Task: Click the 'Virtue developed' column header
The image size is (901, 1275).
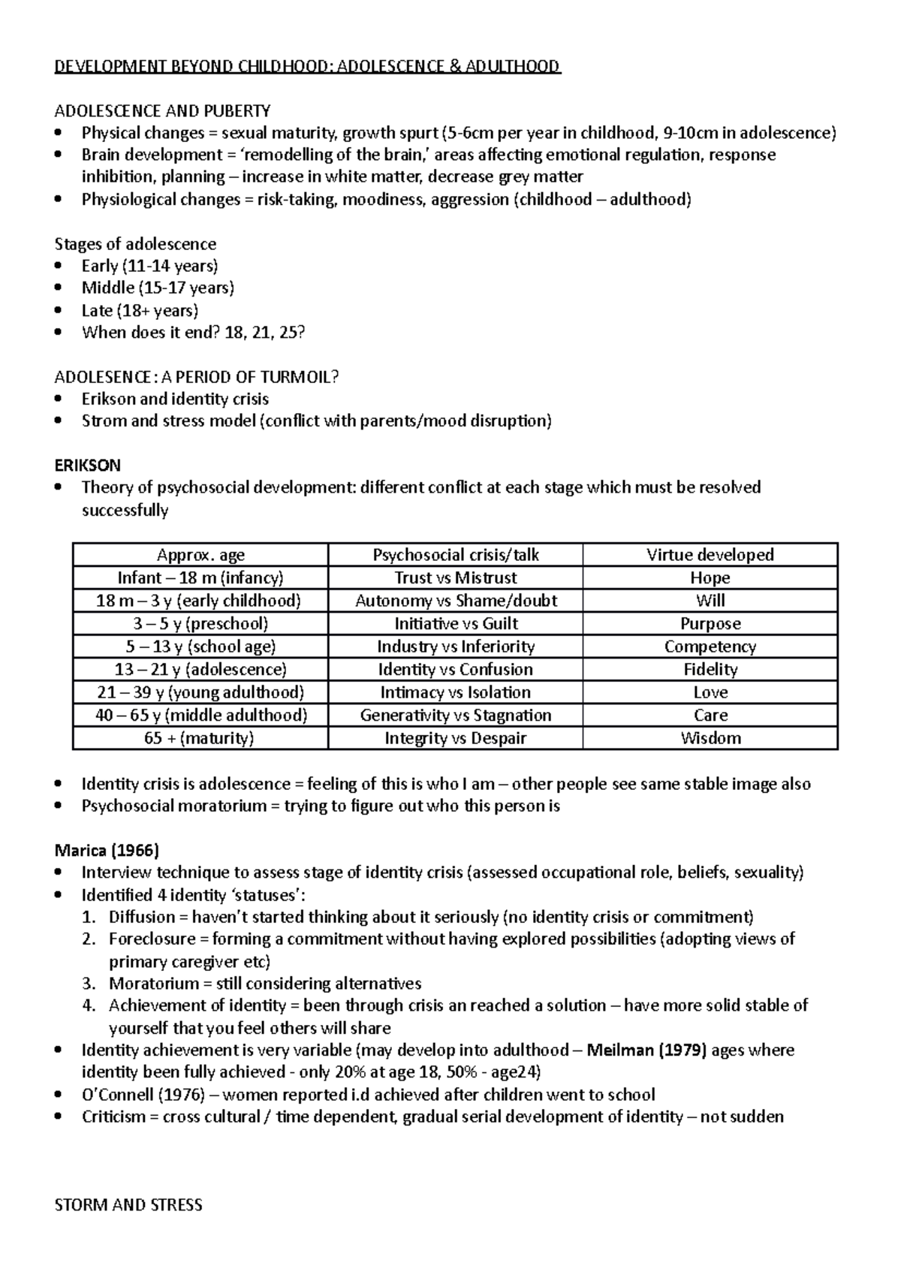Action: coord(710,555)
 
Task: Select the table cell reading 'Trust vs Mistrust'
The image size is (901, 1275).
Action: coord(455,577)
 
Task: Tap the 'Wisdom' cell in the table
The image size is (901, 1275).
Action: coord(710,738)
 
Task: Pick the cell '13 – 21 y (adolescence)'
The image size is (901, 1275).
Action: coord(200,669)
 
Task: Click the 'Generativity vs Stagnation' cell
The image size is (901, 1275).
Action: coord(455,715)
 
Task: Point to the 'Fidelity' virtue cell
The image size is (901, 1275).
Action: coord(710,669)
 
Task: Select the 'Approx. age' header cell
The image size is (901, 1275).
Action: coord(200,555)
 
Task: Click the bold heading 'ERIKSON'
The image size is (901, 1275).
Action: coord(88,465)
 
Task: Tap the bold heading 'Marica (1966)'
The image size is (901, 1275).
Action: coord(107,850)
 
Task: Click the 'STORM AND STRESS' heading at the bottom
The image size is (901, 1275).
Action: coord(128,1205)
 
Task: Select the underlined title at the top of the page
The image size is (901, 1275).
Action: coord(308,67)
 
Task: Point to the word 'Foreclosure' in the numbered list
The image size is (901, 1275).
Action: coord(147,939)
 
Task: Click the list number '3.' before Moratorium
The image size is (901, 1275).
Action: coord(89,984)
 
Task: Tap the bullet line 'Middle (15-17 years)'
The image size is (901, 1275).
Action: coord(158,288)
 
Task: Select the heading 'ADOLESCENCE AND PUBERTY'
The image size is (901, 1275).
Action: coord(162,111)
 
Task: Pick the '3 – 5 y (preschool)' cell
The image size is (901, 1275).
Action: coord(200,623)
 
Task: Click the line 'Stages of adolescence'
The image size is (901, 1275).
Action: coord(135,244)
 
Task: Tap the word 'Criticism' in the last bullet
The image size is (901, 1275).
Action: coord(113,1117)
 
